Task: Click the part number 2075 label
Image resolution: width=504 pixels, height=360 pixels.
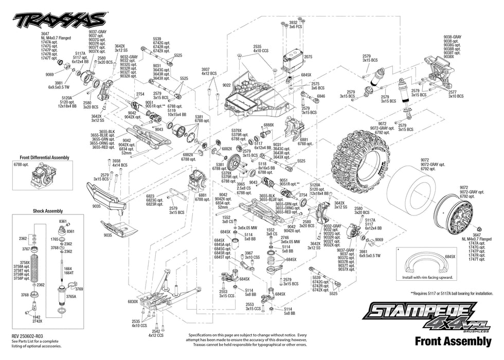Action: click(308, 57)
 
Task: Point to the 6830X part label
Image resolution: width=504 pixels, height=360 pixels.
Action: click(133, 302)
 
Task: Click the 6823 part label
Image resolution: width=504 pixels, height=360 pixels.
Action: click(150, 196)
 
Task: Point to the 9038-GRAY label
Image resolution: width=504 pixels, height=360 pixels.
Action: click(453, 37)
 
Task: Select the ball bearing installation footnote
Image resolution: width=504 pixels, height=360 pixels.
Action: click(447, 293)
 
